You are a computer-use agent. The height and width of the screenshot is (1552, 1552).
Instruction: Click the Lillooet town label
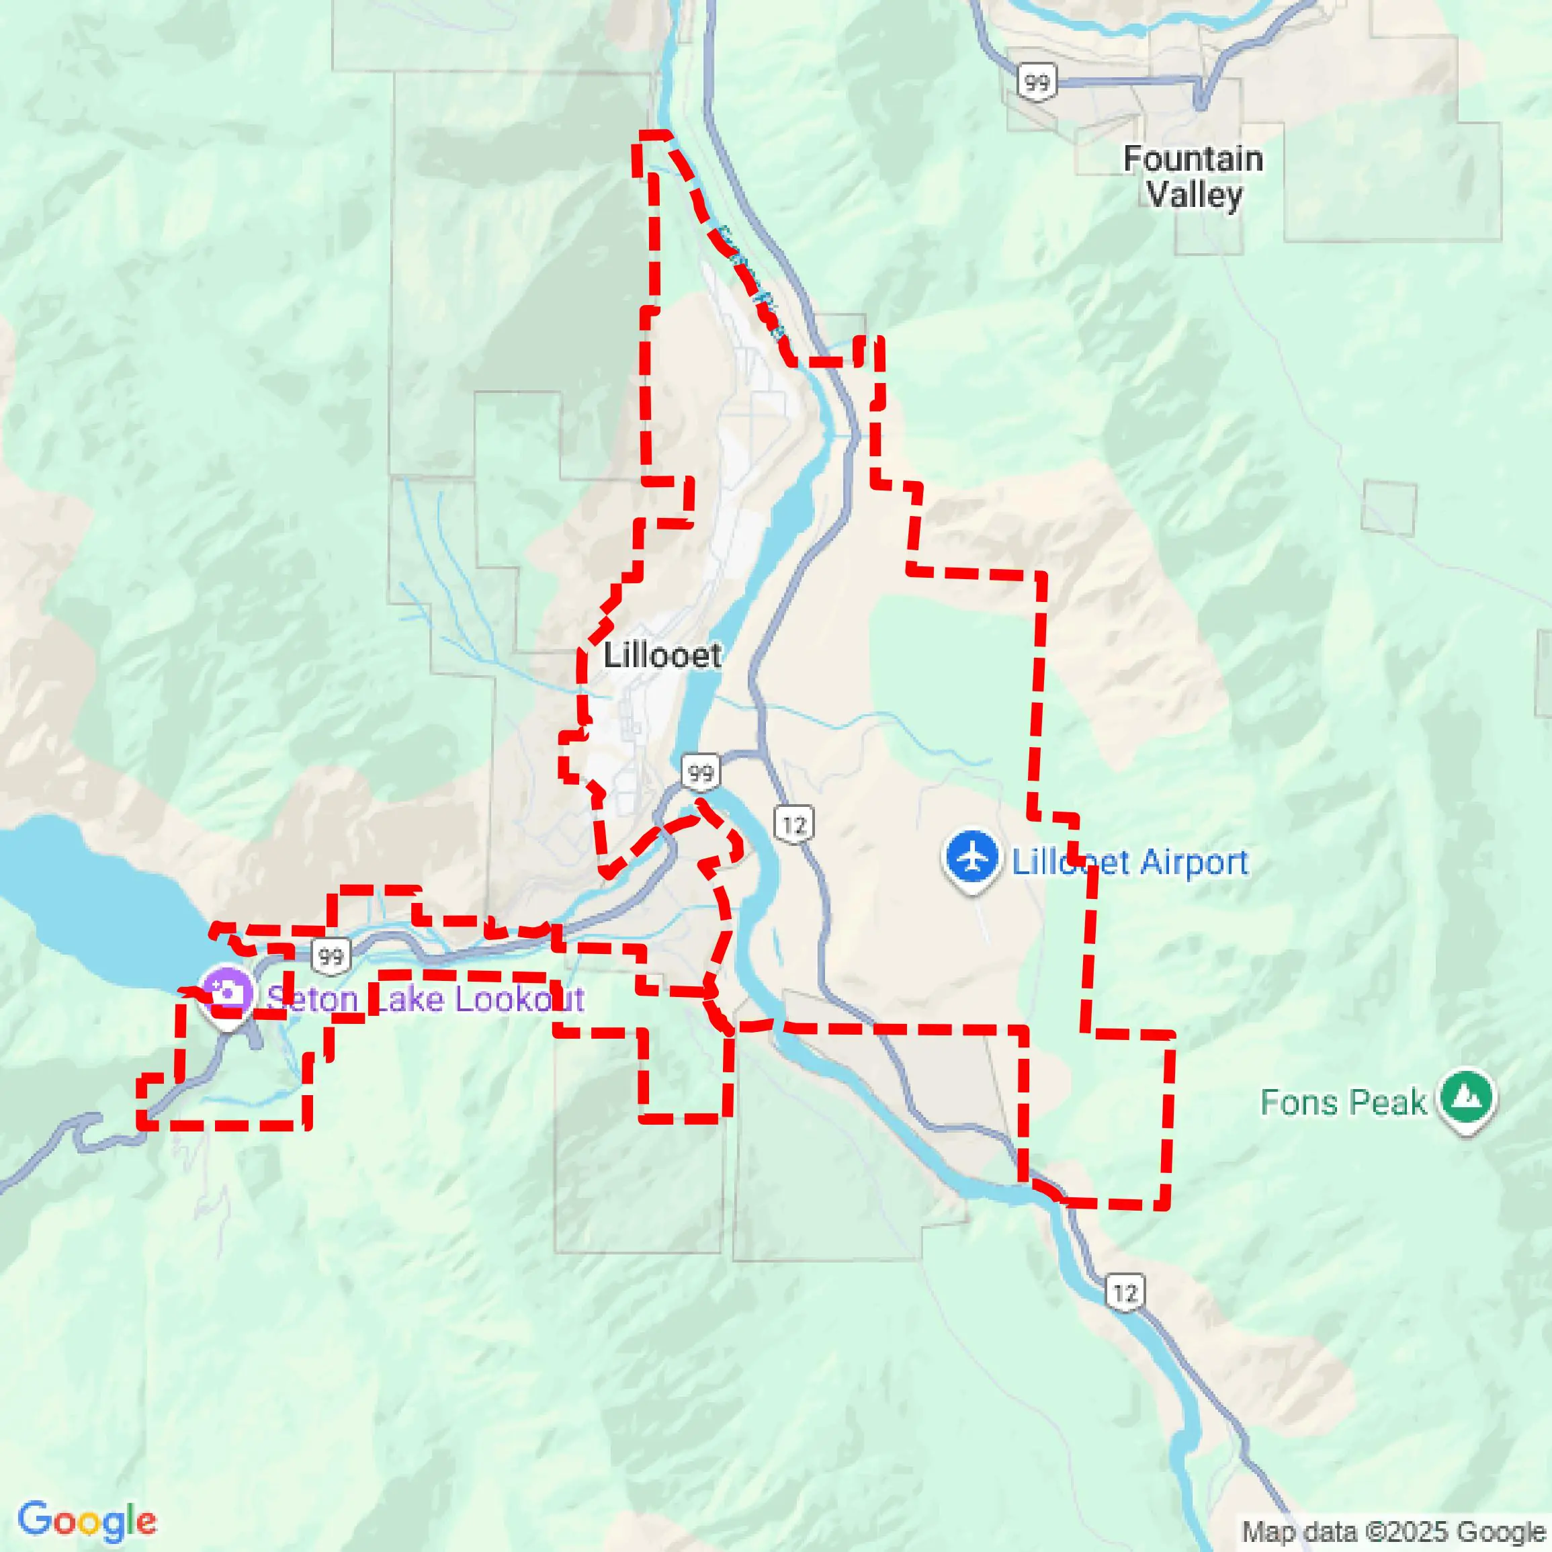[662, 656]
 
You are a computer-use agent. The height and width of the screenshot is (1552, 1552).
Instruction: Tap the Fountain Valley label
[1193, 177]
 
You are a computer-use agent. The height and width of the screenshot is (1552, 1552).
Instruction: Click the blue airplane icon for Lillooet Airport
[972, 858]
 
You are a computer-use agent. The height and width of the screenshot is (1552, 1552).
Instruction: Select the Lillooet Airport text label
[1129, 862]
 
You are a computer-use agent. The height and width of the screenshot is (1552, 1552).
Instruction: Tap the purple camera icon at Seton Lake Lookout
[227, 993]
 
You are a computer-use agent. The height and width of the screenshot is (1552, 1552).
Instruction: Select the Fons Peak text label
[1342, 1102]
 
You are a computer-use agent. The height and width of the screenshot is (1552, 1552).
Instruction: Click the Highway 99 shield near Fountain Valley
[1036, 82]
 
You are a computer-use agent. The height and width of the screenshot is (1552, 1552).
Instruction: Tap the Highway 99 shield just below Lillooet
[701, 773]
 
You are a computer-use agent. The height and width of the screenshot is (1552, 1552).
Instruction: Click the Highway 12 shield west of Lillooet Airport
[793, 824]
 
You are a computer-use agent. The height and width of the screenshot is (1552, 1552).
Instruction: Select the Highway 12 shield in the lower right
[1125, 1293]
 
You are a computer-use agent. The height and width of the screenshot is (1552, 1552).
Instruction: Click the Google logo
[87, 1520]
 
